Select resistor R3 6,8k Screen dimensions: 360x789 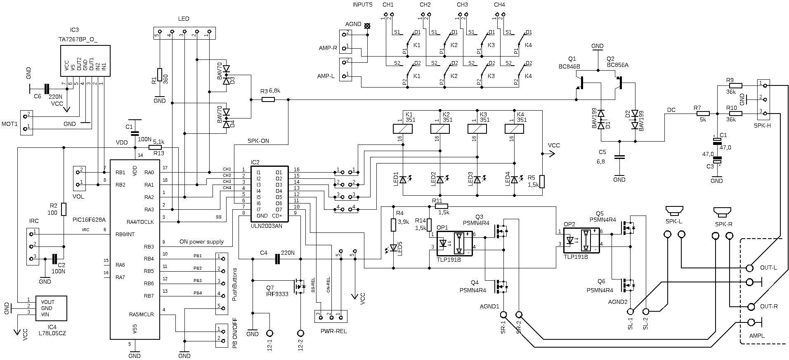(268, 99)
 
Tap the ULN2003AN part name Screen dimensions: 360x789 (266, 226)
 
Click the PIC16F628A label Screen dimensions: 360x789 (89, 220)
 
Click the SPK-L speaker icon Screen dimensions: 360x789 (674, 211)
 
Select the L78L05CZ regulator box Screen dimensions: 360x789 (51, 308)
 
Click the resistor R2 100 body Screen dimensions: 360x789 (64, 209)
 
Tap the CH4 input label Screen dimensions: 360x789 (499, 5)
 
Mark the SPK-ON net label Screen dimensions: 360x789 (258, 141)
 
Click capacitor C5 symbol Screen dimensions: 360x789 (619, 157)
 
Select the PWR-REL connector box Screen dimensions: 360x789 (331, 316)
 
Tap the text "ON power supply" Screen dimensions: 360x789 (201, 242)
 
